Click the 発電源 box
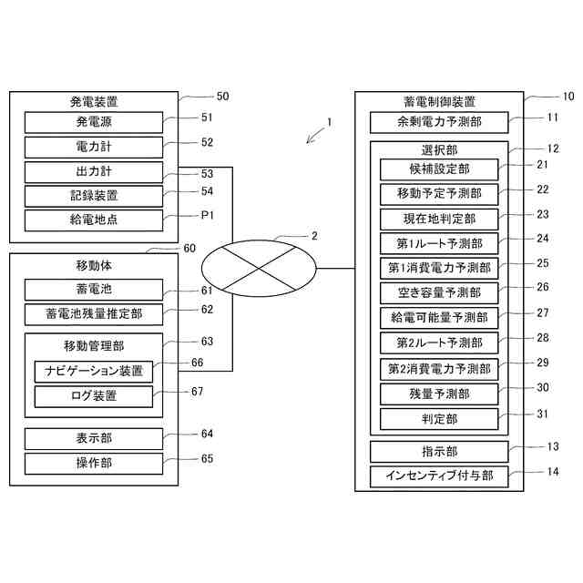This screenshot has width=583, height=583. (94, 122)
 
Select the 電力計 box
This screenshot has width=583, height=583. (94, 148)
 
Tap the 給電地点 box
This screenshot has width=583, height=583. (94, 220)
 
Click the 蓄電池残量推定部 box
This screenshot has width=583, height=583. (94, 314)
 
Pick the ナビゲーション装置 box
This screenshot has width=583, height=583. (94, 372)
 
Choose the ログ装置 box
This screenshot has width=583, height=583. (94, 396)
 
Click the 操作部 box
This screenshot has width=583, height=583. (94, 464)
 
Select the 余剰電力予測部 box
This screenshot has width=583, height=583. (439, 122)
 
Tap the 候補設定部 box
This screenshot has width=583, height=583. (439, 169)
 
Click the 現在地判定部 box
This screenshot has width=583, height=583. (439, 220)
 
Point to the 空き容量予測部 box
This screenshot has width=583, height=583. (439, 293)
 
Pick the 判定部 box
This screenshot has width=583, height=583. (439, 419)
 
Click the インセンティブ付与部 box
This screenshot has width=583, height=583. (439, 476)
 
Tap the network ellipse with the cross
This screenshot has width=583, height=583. (259, 268)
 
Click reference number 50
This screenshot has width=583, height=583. (222, 97)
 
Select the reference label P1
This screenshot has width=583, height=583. (207, 215)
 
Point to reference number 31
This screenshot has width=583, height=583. (543, 414)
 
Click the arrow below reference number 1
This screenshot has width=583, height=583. (316, 136)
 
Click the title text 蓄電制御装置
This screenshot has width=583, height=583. (439, 101)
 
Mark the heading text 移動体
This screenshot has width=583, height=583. (94, 265)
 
